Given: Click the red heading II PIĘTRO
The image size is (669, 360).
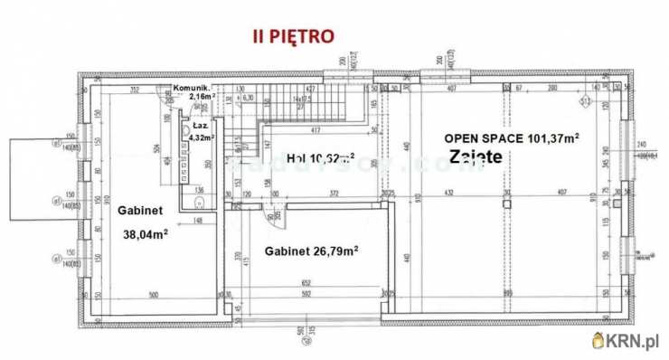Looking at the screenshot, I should coord(292,36).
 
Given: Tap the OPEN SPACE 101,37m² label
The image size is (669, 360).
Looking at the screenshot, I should coord(512,137).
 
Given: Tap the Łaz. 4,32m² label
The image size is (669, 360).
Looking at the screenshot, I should coord(200,132).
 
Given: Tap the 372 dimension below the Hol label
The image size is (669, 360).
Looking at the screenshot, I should coord(334,193).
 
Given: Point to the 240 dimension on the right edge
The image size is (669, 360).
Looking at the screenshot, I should coord(642,145).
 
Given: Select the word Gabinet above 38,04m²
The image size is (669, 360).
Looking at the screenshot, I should coord(140,209).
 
